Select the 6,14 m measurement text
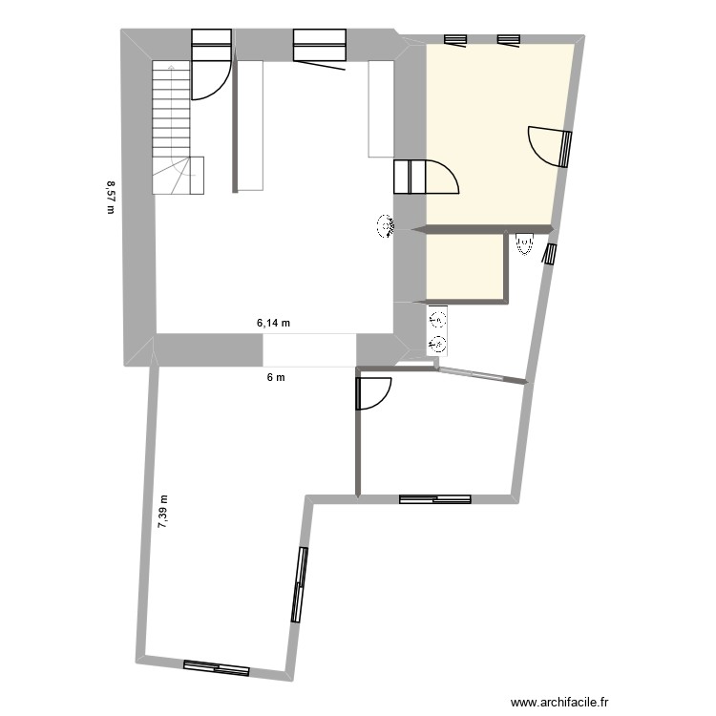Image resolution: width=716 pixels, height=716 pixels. click(x=273, y=324)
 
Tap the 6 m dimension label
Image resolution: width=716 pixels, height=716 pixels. click(x=276, y=377)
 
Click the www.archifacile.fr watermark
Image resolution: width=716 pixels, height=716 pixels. click(x=560, y=700)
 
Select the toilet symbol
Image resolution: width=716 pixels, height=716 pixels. click(x=523, y=245)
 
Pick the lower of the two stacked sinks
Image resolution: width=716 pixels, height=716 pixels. click(x=438, y=343)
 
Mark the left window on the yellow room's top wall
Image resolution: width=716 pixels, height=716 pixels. click(x=455, y=38)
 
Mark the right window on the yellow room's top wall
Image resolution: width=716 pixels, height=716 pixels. click(x=508, y=38)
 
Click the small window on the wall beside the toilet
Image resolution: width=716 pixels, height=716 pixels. click(x=549, y=254)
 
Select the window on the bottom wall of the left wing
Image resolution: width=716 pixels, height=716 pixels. click(x=217, y=668)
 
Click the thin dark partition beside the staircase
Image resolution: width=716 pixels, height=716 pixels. click(x=235, y=124)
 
